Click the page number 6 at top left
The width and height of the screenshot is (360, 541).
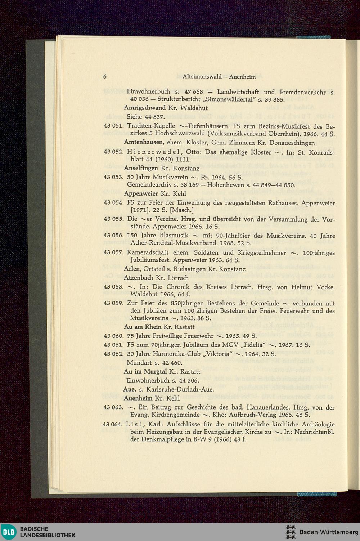[105, 77]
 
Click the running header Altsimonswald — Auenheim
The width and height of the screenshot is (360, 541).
[219, 77]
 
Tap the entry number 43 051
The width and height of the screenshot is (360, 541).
[113, 126]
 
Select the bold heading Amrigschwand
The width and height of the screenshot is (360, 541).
[145, 108]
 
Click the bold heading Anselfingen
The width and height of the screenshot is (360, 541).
[141, 168]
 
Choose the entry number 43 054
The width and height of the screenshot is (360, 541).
[113, 203]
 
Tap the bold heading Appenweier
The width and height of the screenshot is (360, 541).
[141, 193]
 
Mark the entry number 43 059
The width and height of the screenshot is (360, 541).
[113, 304]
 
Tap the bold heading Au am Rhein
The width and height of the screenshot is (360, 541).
[143, 327]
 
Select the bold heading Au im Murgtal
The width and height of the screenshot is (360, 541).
[145, 371]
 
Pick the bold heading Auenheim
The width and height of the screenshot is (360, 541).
[138, 398]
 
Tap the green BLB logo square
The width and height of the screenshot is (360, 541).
[9, 532]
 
